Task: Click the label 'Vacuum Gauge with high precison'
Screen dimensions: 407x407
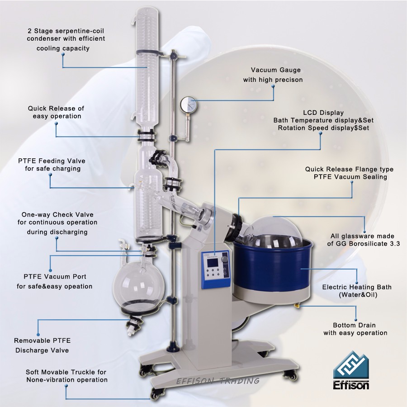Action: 273,75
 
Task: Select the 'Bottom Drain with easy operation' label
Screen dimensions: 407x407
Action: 355,329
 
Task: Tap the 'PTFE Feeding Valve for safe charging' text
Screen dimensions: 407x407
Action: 52,165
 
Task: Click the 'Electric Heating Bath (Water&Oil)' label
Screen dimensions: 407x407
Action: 357,291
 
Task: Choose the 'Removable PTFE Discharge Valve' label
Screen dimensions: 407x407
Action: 42,345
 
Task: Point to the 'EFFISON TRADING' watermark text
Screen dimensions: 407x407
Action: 218,381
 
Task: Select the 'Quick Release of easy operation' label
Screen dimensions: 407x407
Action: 56,112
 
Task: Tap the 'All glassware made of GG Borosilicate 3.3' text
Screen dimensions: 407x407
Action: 364,240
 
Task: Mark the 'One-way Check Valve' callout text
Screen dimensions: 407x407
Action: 57,215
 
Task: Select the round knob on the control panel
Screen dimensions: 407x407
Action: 224,259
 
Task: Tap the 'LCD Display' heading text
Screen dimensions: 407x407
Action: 323,113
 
